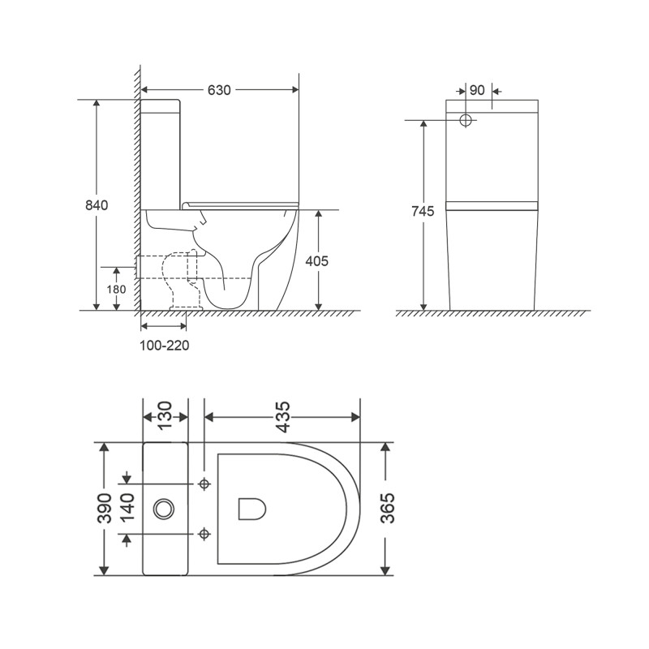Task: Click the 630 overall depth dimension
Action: tap(219, 90)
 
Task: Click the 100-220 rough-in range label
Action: tap(165, 345)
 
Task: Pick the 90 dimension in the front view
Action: tap(477, 90)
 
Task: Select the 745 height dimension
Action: tap(423, 212)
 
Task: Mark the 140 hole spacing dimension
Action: tap(128, 509)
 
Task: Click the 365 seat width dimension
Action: tap(387, 509)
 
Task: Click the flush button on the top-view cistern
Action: tap(164, 509)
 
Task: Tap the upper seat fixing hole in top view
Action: tap(204, 484)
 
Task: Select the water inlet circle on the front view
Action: tap(466, 120)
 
